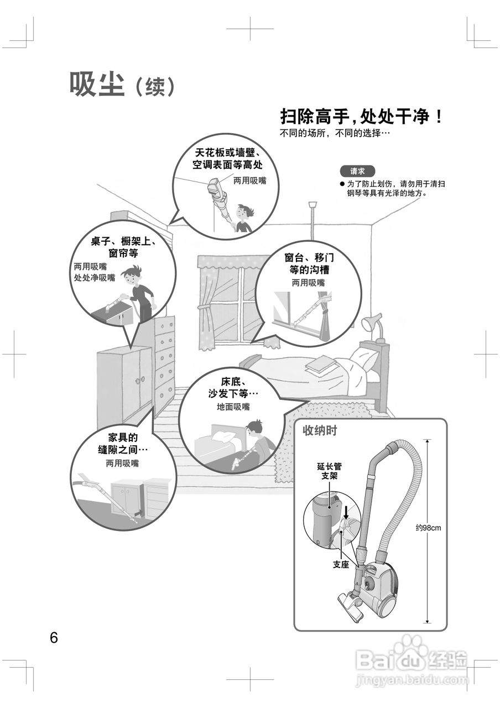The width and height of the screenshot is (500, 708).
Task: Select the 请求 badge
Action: pos(357,171)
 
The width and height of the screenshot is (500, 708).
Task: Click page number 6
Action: pos(54,637)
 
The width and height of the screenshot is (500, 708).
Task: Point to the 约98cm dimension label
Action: pos(429,528)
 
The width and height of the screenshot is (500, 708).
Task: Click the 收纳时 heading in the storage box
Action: pos(320,431)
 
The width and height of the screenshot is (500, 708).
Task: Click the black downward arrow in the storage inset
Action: pos(346,509)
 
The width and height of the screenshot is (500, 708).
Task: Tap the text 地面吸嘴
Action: pos(233,407)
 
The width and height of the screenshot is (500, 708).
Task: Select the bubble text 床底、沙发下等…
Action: pos(233,387)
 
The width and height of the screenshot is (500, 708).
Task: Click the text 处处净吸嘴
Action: pos(95,277)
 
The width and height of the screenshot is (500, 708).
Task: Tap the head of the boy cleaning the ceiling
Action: pos(244,211)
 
